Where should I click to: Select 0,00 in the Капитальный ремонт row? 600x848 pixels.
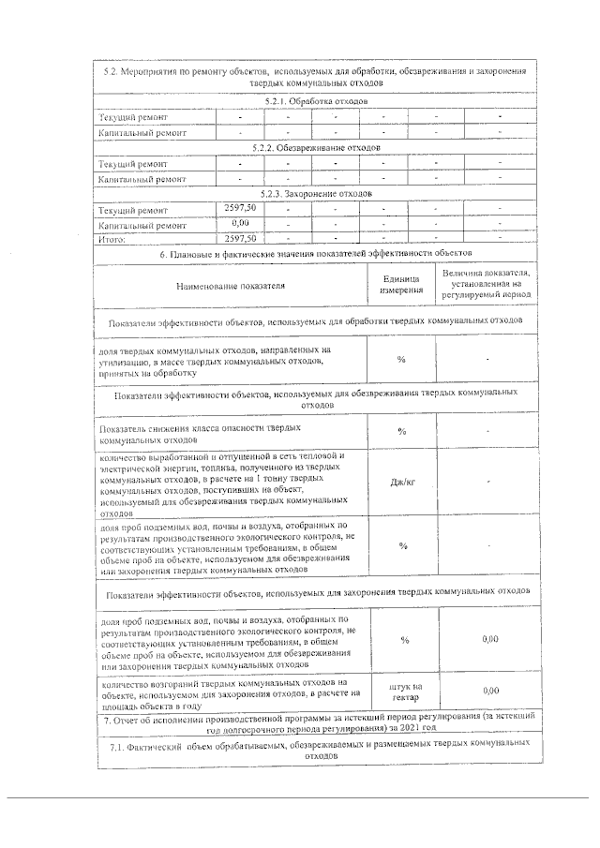click(239, 224)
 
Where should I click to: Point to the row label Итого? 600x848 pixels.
click(112, 239)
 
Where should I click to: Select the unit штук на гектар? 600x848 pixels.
click(404, 692)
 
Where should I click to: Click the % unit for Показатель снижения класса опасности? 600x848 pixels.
click(401, 432)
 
